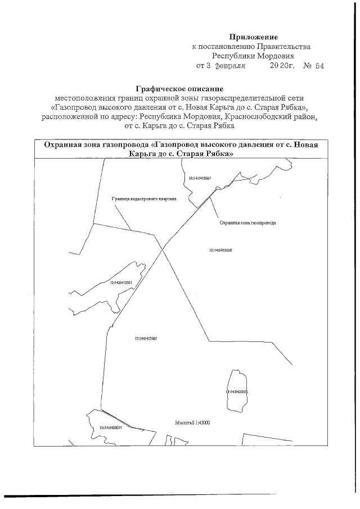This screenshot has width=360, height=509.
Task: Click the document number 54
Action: pyautogui.click(x=319, y=66)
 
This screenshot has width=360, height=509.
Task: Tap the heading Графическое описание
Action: pyautogui.click(x=180, y=88)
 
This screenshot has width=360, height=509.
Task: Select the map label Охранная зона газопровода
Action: pyautogui.click(x=247, y=223)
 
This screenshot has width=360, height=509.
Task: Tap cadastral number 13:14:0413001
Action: pyautogui.click(x=200, y=178)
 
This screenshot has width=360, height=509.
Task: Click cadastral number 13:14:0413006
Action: pyautogui.click(x=221, y=250)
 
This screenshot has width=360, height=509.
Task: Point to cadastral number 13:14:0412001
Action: pyautogui.click(x=120, y=282)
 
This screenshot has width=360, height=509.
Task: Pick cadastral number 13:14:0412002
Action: pyautogui.click(x=146, y=339)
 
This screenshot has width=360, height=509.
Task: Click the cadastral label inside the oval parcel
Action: pyautogui.click(x=236, y=391)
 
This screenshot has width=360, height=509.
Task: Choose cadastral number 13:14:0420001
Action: pyautogui.click(x=110, y=427)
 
